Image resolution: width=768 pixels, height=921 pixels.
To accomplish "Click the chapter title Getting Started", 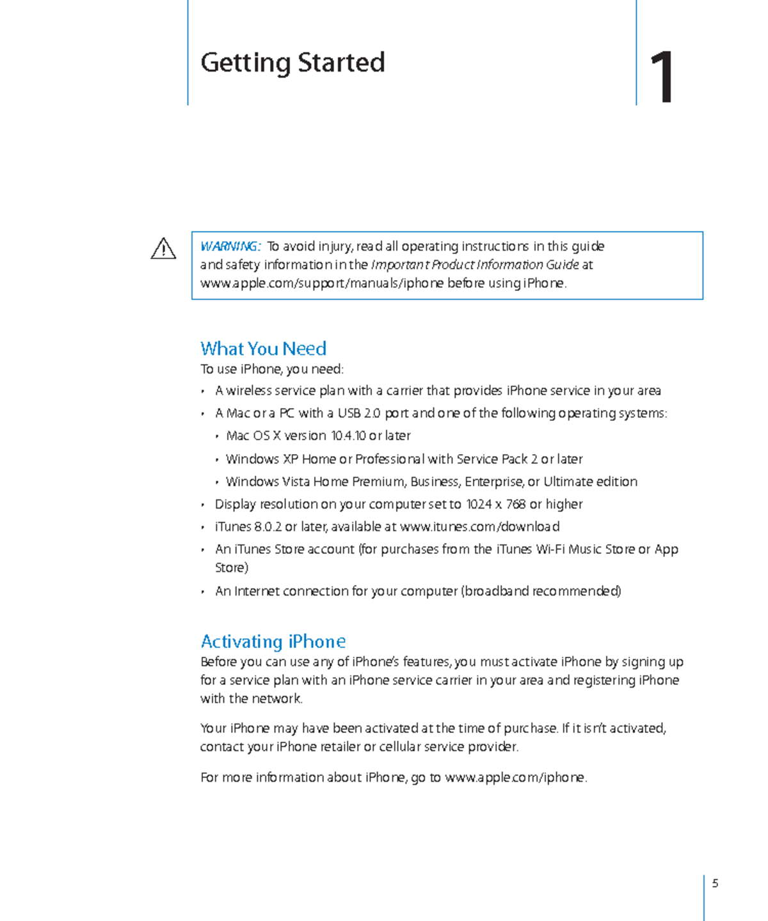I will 292,63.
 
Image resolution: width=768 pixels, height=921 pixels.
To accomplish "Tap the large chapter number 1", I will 662,78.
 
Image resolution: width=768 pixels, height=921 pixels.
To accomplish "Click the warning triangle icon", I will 163,249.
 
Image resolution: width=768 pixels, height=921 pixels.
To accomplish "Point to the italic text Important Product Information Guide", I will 475,265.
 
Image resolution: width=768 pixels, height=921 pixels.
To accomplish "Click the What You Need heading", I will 263,349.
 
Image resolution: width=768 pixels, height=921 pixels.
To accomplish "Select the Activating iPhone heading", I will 273,642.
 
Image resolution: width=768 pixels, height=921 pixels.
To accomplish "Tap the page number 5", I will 715,883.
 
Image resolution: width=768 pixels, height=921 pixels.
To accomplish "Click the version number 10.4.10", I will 348,436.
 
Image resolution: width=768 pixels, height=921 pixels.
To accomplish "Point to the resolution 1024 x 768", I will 495,504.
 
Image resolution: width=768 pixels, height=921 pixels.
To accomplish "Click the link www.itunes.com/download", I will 479,526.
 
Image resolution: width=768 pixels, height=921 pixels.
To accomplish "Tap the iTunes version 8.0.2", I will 268,526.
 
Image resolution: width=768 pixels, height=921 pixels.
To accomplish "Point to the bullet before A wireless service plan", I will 203,391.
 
